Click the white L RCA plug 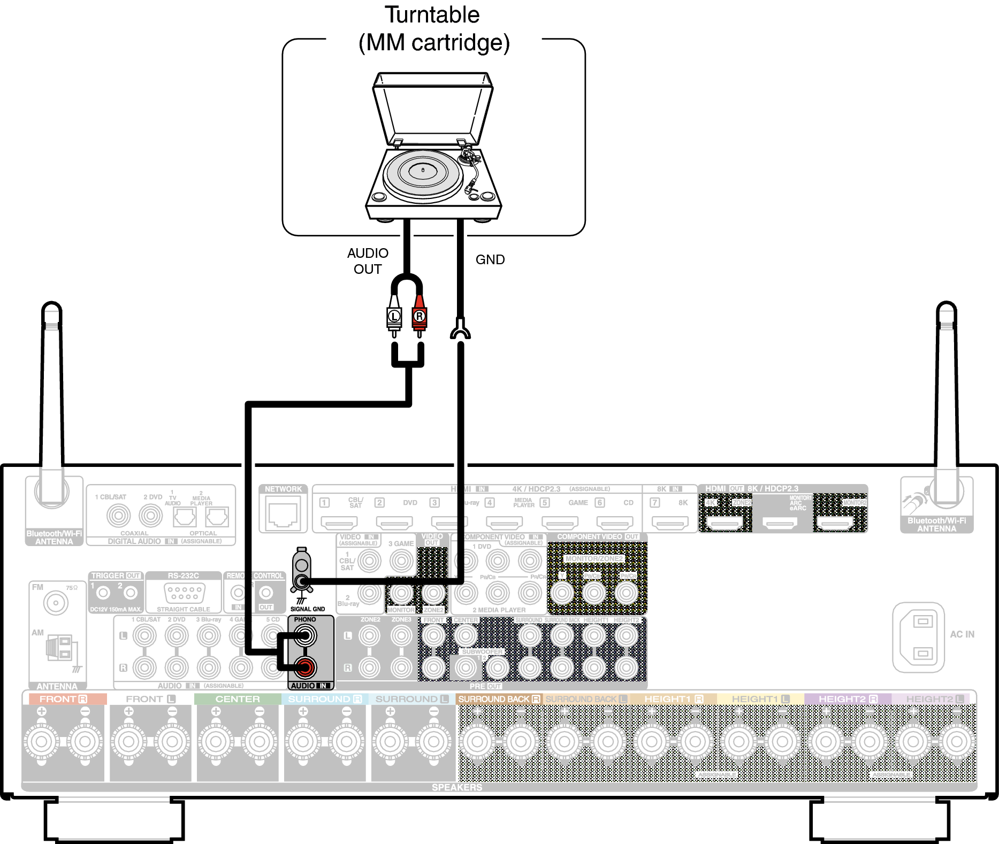(x=394, y=317)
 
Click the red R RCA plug (x=419, y=317)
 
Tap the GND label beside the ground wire (x=490, y=260)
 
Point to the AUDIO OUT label (x=368, y=261)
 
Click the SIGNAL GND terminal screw (x=302, y=582)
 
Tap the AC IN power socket (x=919, y=637)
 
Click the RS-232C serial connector (x=184, y=593)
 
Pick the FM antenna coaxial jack (x=55, y=603)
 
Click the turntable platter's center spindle (x=423, y=170)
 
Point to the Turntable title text (x=432, y=15)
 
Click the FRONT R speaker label (x=63, y=699)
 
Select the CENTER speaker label (x=238, y=699)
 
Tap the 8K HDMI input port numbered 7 (x=670, y=522)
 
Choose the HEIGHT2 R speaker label (x=848, y=699)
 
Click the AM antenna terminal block (x=59, y=647)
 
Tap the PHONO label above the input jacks (x=305, y=619)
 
